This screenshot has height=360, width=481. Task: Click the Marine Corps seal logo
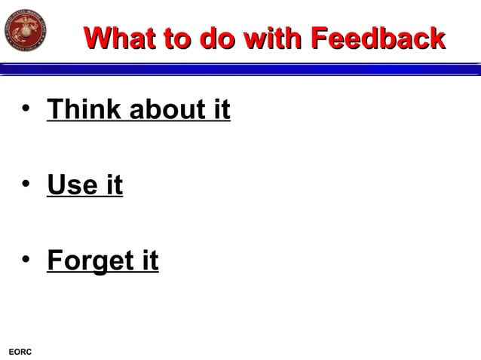(26, 29)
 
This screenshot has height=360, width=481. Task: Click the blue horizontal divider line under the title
(240, 69)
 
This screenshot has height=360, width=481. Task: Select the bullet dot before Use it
(26, 185)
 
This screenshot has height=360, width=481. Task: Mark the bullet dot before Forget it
(26, 260)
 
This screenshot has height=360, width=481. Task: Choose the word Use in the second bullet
(72, 185)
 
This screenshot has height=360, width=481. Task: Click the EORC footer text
(19, 352)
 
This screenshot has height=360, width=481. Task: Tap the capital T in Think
(55, 110)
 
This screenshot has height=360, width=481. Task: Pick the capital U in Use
(57, 185)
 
